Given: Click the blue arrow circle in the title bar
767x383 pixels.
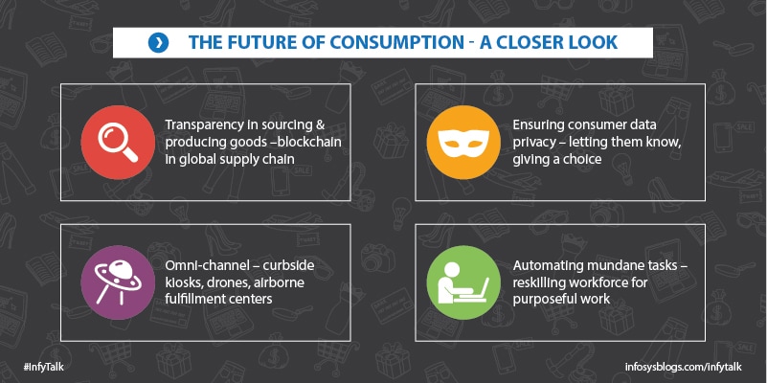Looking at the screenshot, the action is [159, 43].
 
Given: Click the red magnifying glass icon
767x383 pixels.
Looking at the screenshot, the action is [118, 142].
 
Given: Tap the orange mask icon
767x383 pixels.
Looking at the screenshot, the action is [463, 142].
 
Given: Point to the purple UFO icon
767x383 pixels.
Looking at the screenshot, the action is [118, 282].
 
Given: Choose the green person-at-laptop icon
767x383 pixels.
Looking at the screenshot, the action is [463, 282].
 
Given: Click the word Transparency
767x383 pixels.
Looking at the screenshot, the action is [205, 125].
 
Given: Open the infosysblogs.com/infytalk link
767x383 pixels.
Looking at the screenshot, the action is [684, 367].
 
